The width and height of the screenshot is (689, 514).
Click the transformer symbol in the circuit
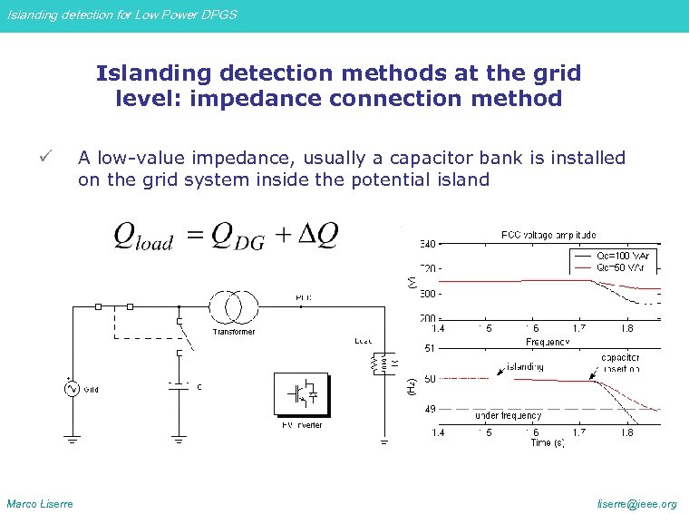point(234,307)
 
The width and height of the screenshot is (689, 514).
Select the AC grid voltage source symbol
point(70,389)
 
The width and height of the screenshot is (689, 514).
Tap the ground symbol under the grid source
point(70,441)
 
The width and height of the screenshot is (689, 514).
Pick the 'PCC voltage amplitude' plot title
point(548,235)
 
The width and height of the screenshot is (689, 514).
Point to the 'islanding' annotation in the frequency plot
point(525,367)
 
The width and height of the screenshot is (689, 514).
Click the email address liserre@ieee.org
point(644,504)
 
